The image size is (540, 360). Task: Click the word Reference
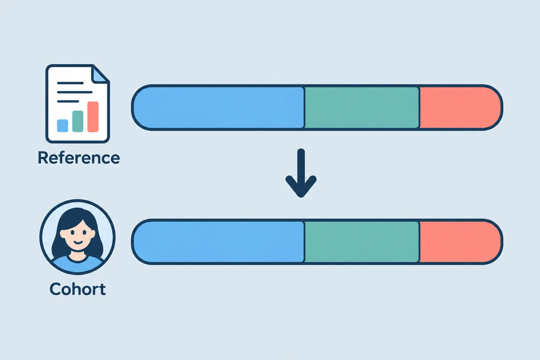tap(79, 158)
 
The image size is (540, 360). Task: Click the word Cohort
tap(78, 289)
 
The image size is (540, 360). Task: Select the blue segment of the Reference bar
tap(219, 108)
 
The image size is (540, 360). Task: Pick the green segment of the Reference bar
tap(362, 108)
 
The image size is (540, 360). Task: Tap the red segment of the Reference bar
tap(460, 108)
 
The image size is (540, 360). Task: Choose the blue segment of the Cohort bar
tap(219, 242)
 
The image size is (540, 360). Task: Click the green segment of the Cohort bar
tap(362, 242)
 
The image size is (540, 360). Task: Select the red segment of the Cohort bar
tap(460, 242)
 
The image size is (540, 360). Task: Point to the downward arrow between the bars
tap(301, 173)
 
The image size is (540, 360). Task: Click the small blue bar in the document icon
tap(62, 126)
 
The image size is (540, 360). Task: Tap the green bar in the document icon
tap(78, 121)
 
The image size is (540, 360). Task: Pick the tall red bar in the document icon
tap(93, 117)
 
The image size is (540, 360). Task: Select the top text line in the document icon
tap(70, 83)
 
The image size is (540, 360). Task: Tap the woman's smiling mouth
tap(78, 242)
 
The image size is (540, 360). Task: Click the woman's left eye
tap(84, 232)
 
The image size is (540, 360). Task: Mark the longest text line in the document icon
tap(75, 92)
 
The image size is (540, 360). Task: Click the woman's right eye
tap(72, 232)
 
